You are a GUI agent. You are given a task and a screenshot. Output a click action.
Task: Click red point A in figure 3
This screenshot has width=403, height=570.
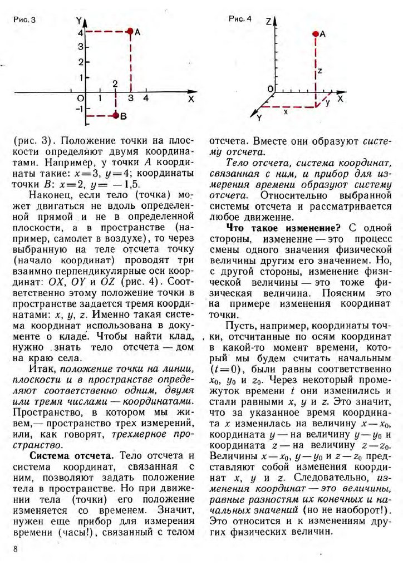click(130, 32)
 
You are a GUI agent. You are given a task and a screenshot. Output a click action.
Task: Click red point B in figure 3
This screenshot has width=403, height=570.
click(116, 115)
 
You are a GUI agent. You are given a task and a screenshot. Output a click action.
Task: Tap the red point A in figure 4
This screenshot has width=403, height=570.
click(316, 35)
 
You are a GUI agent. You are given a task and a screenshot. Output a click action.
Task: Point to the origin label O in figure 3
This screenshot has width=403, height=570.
click(80, 99)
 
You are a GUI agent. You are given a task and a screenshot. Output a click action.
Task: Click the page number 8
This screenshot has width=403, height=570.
click(16, 550)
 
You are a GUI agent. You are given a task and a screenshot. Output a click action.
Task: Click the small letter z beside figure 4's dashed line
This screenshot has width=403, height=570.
click(320, 71)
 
